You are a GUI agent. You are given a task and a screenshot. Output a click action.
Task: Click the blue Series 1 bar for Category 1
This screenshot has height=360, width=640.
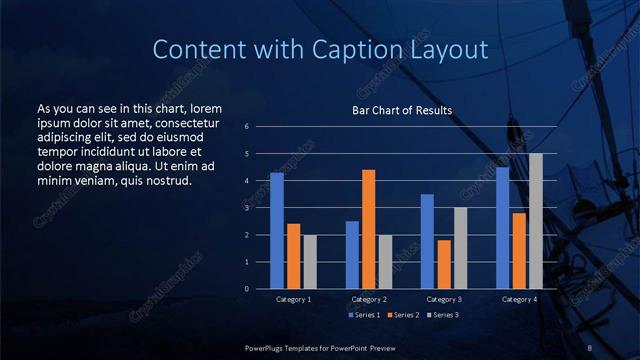(276, 230)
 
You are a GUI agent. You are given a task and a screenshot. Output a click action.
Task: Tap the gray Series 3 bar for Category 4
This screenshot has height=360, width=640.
(535, 221)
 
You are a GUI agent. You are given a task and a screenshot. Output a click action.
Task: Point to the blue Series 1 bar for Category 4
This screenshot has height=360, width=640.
(502, 228)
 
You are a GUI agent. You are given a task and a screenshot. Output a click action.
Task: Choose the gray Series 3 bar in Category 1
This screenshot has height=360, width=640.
(309, 261)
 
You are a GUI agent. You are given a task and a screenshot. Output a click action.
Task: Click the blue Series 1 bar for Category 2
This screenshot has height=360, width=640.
(352, 254)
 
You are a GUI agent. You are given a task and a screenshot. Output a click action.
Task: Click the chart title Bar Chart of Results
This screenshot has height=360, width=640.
(402, 110)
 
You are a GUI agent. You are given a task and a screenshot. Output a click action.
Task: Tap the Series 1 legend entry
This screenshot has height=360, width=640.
(364, 315)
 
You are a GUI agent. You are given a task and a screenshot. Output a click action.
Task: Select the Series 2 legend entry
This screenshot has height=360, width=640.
(403, 315)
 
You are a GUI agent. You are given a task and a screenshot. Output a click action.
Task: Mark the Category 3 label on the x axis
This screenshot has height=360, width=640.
(443, 299)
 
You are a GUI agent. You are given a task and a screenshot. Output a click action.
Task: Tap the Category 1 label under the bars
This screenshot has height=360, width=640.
(293, 299)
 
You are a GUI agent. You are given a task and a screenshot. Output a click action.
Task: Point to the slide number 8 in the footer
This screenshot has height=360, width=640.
(590, 347)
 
